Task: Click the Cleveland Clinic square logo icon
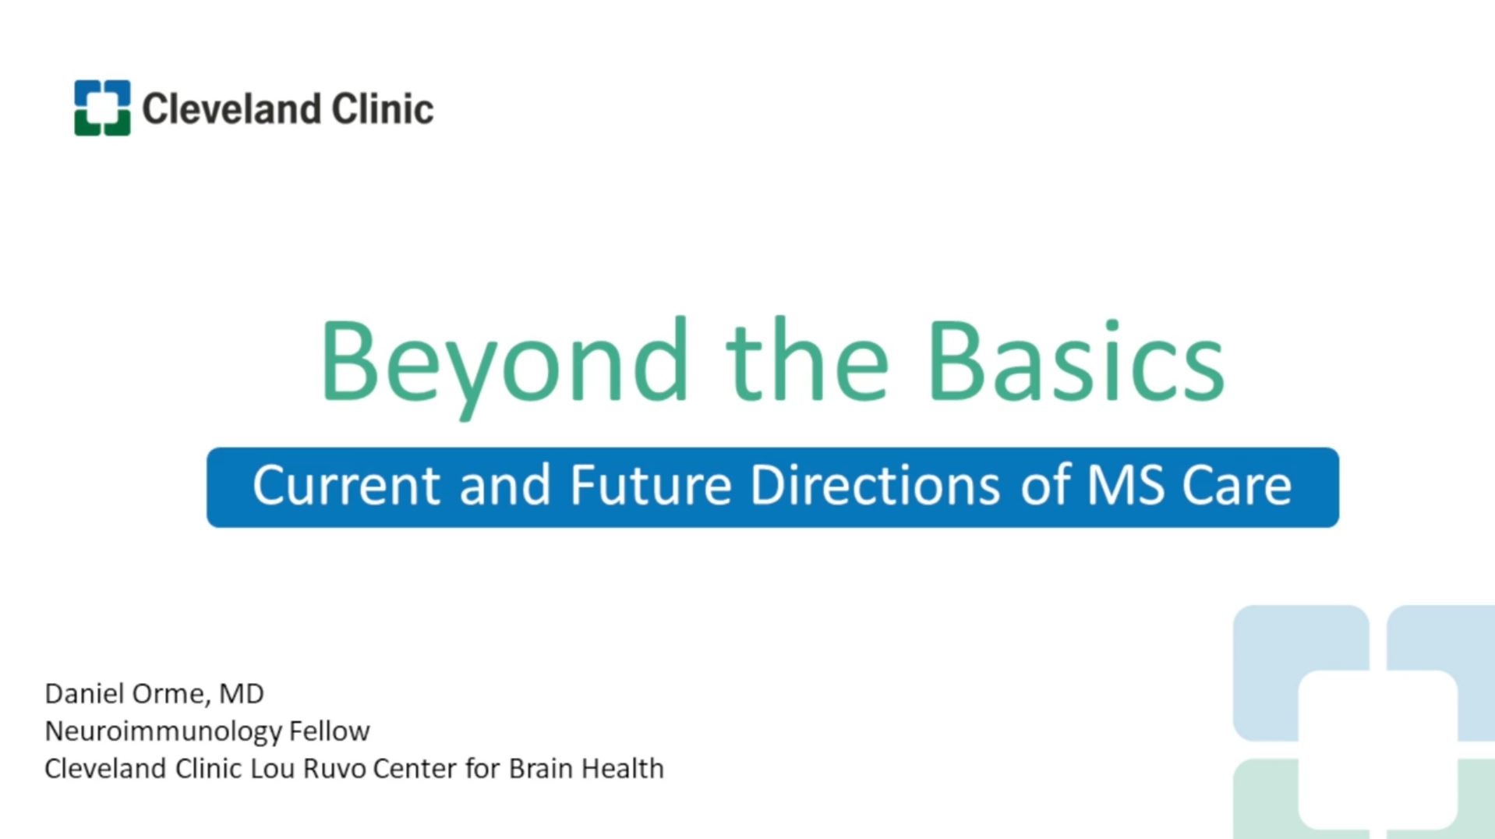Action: point(102,108)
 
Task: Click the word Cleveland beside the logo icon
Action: point(231,108)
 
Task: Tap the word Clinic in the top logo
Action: point(383,108)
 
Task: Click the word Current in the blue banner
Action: point(346,485)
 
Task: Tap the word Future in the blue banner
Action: point(651,485)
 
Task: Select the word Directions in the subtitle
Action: point(875,485)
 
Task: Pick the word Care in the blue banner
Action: point(1237,485)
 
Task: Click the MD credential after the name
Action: point(242,693)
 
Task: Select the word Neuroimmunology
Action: point(163,731)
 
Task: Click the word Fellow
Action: point(329,731)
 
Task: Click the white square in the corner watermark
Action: point(1378,749)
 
